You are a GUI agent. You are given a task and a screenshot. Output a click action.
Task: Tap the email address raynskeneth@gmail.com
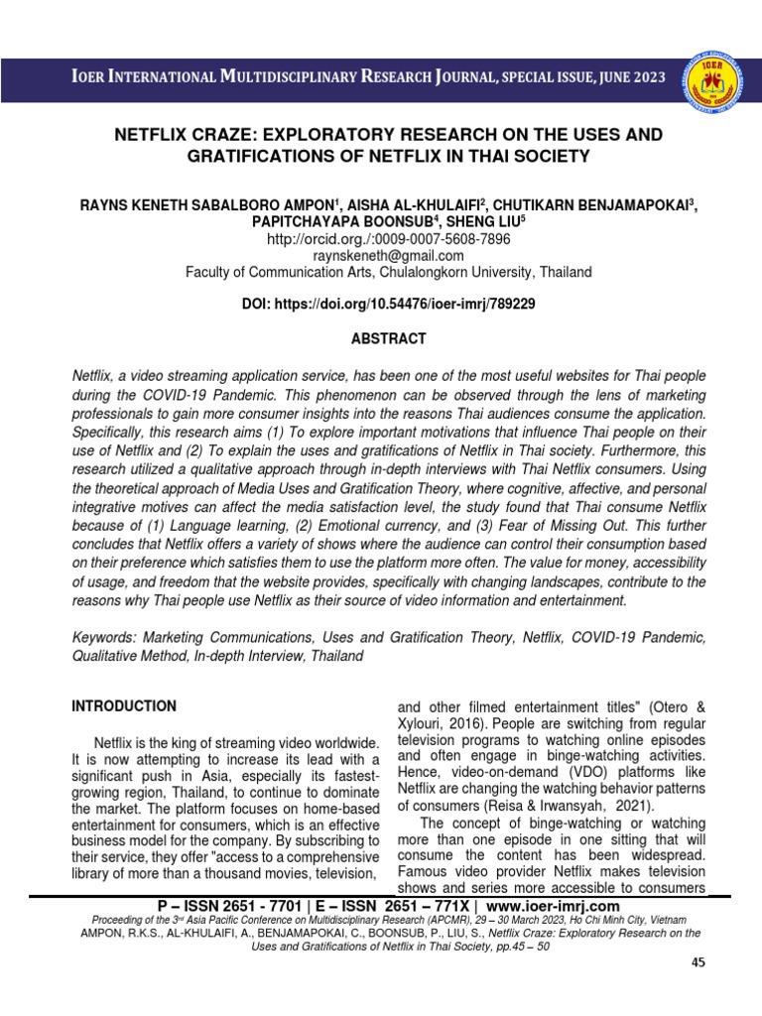pyautogui.click(x=388, y=256)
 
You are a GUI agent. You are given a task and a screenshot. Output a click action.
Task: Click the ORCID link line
pyautogui.click(x=388, y=239)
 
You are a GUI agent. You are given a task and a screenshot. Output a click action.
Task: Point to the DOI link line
pyautogui.click(x=388, y=305)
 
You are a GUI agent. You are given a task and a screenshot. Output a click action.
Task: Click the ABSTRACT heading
pyautogui.click(x=388, y=338)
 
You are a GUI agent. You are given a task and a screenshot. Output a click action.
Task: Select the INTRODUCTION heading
pyautogui.click(x=124, y=706)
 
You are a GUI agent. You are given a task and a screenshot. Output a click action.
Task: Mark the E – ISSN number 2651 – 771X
pyautogui.click(x=421, y=907)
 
